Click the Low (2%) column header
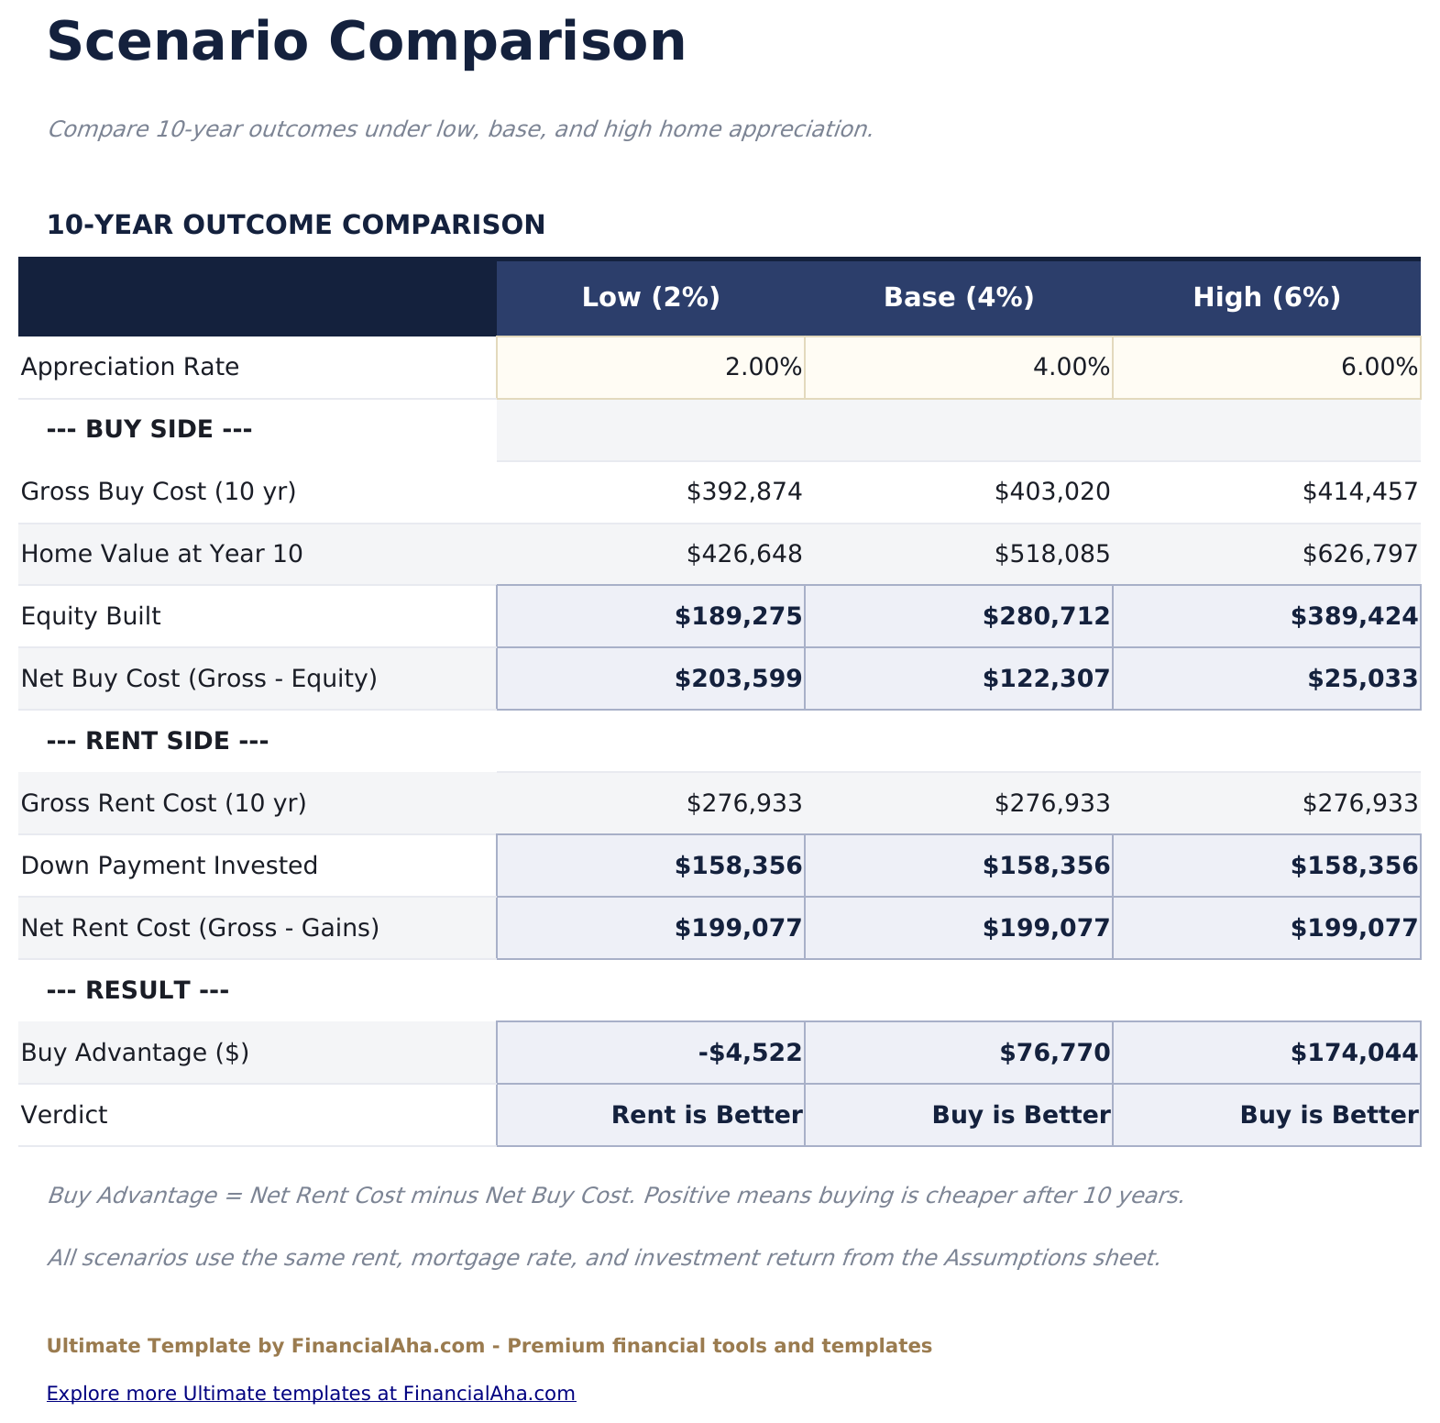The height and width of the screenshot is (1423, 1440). tap(651, 298)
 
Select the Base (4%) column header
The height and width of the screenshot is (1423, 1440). tap(959, 298)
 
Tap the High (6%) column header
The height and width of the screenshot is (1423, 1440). tap(1267, 298)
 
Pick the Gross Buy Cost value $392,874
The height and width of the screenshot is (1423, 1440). tap(744, 492)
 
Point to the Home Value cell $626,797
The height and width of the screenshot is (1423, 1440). tap(1359, 554)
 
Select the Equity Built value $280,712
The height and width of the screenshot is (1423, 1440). tap(1045, 617)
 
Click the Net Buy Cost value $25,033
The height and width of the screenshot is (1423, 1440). tap(1362, 679)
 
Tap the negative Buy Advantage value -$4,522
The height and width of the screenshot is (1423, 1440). tap(750, 1053)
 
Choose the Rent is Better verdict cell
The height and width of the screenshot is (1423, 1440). tap(706, 1115)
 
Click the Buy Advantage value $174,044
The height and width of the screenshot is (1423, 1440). tap(1354, 1053)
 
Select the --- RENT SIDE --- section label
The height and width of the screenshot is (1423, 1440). tap(157, 741)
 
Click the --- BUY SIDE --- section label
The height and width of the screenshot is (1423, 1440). tap(148, 429)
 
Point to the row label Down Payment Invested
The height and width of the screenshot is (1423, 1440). tap(169, 866)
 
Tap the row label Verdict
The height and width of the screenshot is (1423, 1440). tap(64, 1115)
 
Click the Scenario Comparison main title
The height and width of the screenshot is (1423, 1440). tap(366, 42)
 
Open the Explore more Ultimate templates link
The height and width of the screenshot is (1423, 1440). tap(311, 1394)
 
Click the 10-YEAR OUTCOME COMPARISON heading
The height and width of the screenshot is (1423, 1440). tap(295, 225)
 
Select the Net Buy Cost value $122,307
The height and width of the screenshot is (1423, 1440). tap(1045, 679)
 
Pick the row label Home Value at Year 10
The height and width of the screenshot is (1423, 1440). tap(161, 554)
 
